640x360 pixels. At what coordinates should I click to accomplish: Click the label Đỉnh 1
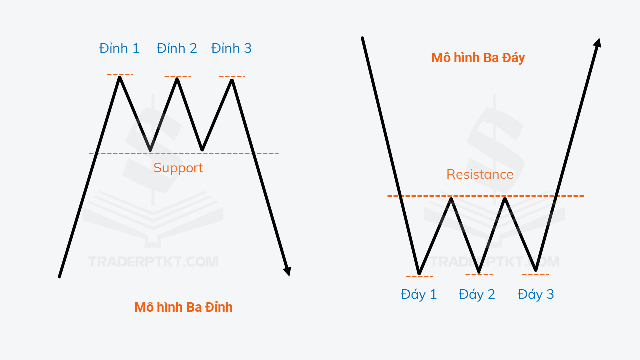coord(119,48)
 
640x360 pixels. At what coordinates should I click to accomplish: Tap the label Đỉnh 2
coord(177,48)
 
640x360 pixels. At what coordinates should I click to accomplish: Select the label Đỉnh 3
coord(231,48)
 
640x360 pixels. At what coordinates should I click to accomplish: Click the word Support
coord(178,168)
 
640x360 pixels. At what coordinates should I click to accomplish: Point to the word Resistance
coord(480,174)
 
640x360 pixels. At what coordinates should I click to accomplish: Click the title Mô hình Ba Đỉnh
coord(183,307)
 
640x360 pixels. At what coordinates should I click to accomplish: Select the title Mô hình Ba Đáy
coord(478,58)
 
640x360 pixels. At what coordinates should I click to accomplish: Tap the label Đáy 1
coord(419,294)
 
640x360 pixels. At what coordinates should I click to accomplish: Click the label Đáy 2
coord(477,294)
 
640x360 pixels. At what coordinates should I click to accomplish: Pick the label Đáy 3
coord(536,294)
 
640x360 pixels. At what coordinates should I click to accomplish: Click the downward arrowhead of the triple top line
coord(287,271)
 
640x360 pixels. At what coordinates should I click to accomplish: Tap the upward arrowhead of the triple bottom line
coord(598,43)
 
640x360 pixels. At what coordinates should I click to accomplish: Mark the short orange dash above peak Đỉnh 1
coord(120,74)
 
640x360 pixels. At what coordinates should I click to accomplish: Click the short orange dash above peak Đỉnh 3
coord(232,76)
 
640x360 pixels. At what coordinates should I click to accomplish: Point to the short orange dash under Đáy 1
coord(419,276)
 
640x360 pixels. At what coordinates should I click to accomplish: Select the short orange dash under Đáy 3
coord(535,274)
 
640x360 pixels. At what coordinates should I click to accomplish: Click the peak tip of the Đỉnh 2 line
coord(177,79)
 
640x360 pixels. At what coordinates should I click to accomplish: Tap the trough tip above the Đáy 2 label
coord(479,271)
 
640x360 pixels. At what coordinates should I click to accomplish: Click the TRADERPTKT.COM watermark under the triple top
coord(153,262)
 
